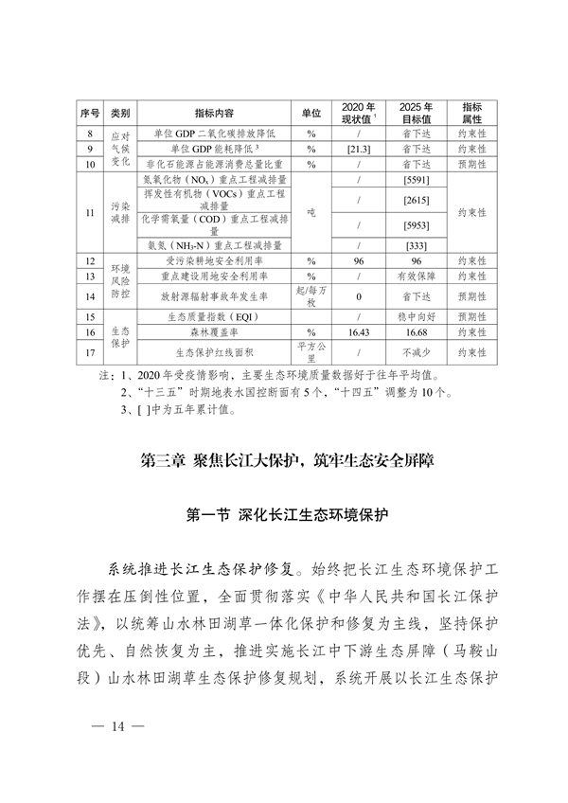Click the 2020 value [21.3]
point(358,150)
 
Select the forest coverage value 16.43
point(358,332)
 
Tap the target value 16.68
point(417,332)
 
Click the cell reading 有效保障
point(417,276)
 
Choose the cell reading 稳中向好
point(417,317)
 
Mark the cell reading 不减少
point(417,352)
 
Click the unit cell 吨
point(310,212)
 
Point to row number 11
point(90,212)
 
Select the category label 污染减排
point(119,212)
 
